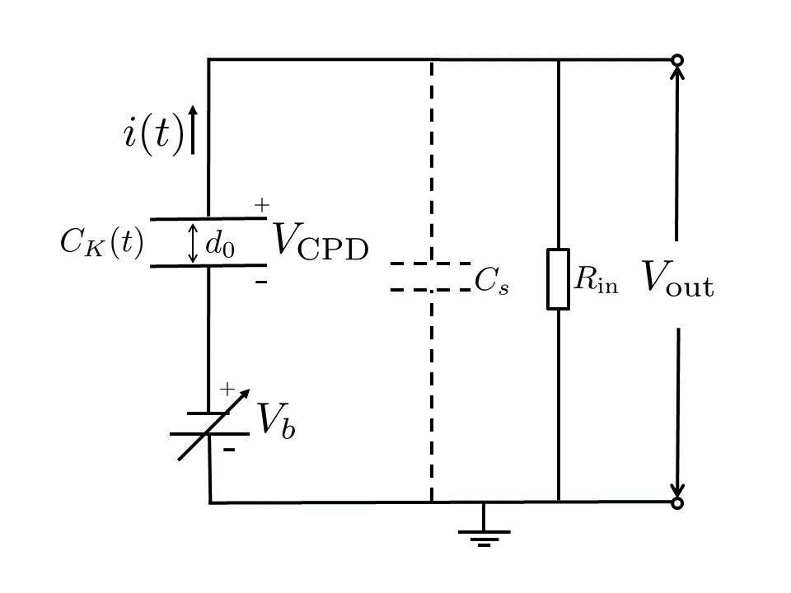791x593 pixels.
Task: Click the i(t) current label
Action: coord(153,133)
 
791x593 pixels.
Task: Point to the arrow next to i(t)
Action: coord(194,130)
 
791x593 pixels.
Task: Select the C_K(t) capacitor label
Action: coord(101,243)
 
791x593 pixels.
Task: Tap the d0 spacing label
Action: coord(219,245)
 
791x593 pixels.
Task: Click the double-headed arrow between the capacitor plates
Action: coord(194,243)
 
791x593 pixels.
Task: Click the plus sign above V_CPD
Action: coord(261,206)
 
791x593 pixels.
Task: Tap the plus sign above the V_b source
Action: coord(227,390)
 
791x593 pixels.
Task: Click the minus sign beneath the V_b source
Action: coord(229,451)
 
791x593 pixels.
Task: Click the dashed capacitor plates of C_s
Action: coord(430,277)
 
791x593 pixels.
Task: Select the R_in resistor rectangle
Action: coord(559,279)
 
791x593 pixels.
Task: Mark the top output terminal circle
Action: coord(677,59)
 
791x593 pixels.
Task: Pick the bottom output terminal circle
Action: coord(677,502)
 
